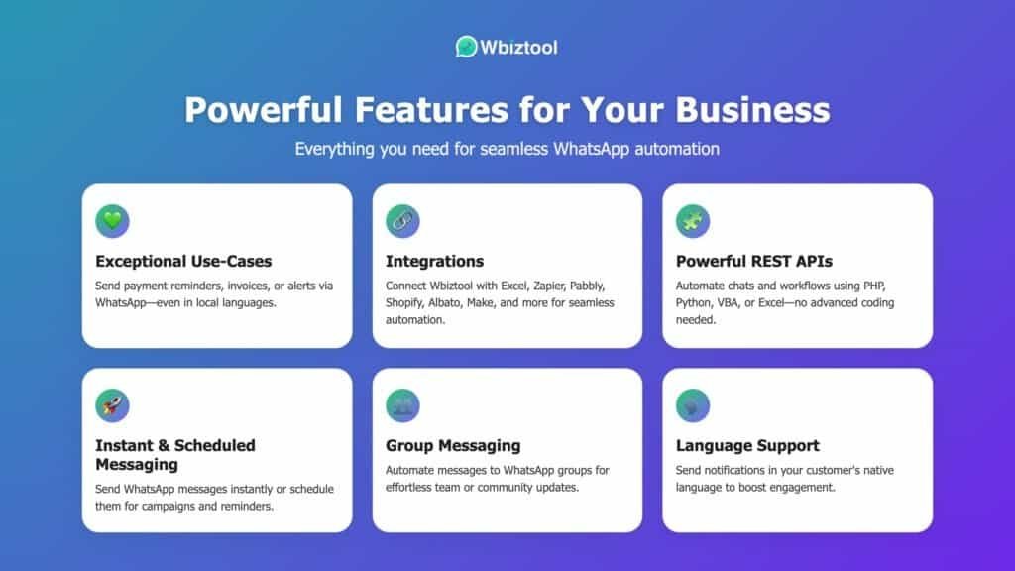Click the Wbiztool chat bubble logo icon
466,47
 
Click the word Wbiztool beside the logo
518,48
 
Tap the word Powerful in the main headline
263,109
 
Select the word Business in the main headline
752,109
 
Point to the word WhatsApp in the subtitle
591,149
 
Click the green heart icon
112,221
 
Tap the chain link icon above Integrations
402,221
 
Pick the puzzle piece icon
693,221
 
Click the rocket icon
112,405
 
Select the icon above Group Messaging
402,405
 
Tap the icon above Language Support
693,405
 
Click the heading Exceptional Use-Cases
183,261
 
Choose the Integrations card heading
434,262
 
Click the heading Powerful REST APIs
754,261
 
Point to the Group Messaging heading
453,446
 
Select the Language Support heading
747,446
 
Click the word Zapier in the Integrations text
548,286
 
